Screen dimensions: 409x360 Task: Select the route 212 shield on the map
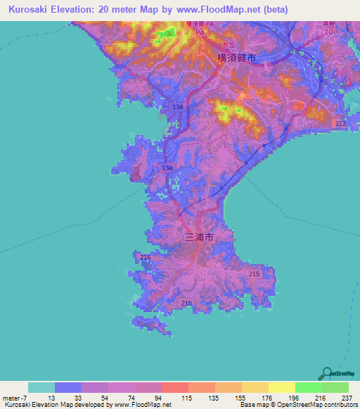click(x=340, y=124)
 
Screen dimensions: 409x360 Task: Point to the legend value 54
click(x=94, y=398)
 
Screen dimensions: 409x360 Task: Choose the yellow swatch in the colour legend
click(x=282, y=387)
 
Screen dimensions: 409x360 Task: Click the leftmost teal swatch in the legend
click(x=41, y=387)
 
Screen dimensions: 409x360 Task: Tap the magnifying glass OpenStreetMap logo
click(x=326, y=373)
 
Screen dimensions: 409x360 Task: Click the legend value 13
click(x=41, y=398)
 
